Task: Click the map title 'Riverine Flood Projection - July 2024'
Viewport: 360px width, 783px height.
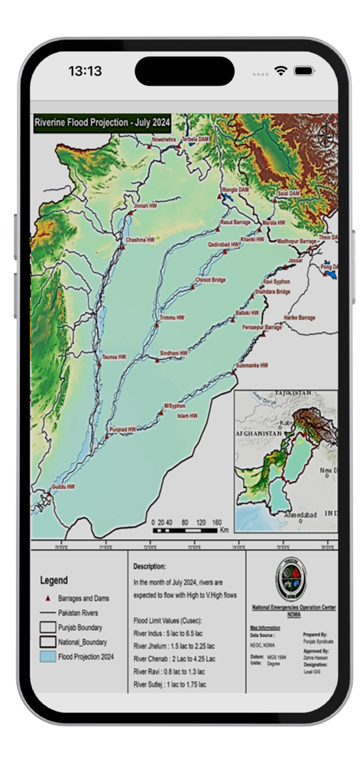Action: coord(101,122)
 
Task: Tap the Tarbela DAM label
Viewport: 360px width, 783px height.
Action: coord(196,139)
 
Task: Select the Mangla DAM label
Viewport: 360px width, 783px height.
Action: coord(235,188)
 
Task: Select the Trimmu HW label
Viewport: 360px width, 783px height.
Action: coord(172,316)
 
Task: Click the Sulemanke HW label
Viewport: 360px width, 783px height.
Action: coord(251,366)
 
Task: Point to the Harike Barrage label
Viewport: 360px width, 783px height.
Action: coord(299,317)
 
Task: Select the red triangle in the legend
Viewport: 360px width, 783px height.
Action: coord(47,598)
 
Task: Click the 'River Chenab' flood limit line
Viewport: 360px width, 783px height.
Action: coord(174,658)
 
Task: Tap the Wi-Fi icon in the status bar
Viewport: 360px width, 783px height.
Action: coord(281,71)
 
